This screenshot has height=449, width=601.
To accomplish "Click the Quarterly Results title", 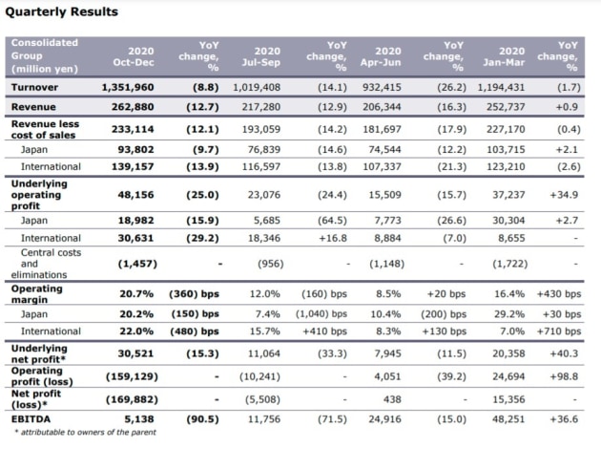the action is [x=61, y=11].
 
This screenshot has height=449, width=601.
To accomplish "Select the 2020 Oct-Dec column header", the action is [x=134, y=56].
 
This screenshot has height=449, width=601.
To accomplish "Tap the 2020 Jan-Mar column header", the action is [x=504, y=56].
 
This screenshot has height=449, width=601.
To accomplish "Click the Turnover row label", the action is [x=34, y=87].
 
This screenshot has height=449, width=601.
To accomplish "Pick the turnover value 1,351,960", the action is [x=128, y=87].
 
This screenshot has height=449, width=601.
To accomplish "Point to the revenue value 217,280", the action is [x=261, y=107].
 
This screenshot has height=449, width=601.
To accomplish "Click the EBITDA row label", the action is [x=31, y=419].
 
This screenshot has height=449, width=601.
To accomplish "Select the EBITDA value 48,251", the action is [x=508, y=419].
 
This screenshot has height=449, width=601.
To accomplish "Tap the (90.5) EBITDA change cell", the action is [x=203, y=419].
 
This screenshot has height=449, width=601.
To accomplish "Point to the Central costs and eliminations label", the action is [x=46, y=264].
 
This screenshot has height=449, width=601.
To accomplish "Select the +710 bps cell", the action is [x=559, y=331].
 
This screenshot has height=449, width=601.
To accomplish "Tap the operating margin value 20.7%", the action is [x=136, y=294].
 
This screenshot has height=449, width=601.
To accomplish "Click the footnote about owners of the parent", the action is [x=86, y=432].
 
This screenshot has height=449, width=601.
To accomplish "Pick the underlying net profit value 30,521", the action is [x=135, y=353].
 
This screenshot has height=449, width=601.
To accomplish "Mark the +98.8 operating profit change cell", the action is [x=564, y=376].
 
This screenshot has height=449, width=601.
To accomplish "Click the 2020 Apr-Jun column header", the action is [x=381, y=56].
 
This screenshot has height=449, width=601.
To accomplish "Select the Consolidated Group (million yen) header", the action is [x=45, y=55].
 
